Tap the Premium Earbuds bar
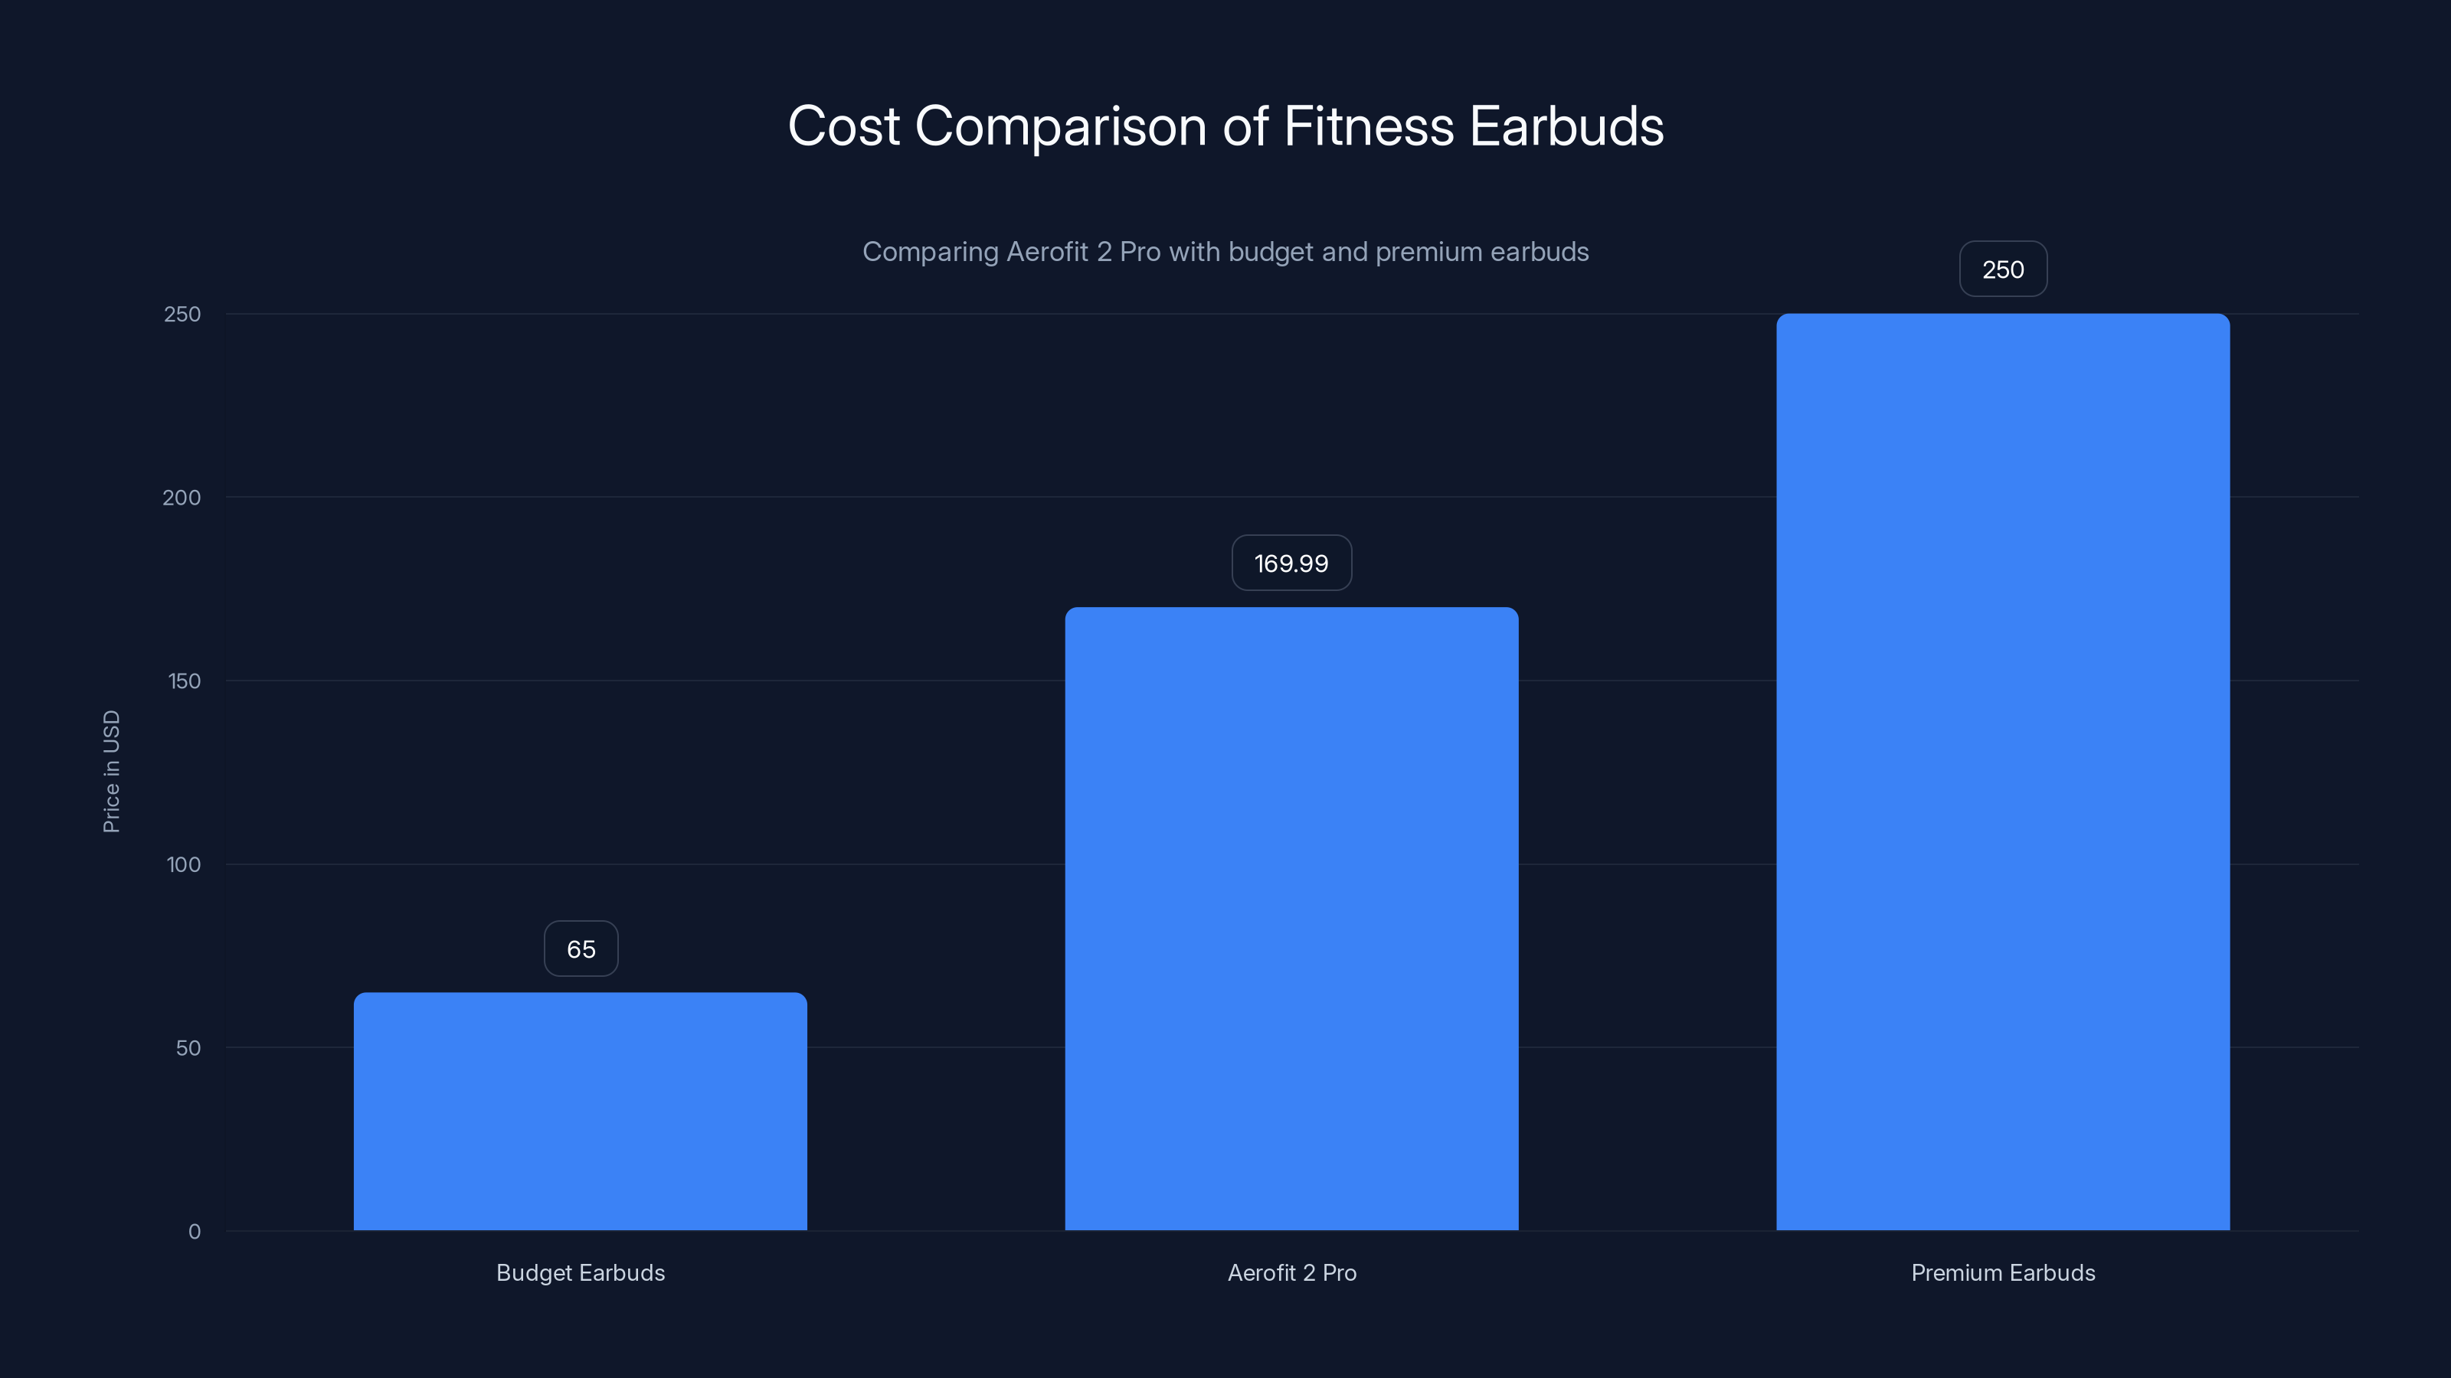click(x=2003, y=771)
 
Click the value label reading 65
click(x=581, y=949)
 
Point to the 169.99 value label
click(x=1291, y=563)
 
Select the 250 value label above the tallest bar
click(x=2003, y=269)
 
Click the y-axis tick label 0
click(x=194, y=1232)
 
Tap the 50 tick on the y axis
click(x=188, y=1048)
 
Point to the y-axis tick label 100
click(x=184, y=864)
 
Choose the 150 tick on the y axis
click(x=184, y=681)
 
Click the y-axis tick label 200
click(x=182, y=498)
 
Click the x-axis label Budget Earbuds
click(x=581, y=1272)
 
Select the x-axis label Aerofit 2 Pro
click(x=1291, y=1272)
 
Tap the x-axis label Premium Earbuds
click(x=2003, y=1272)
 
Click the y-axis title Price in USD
click(x=111, y=771)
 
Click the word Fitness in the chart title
click(x=1368, y=126)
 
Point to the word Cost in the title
click(x=843, y=126)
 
